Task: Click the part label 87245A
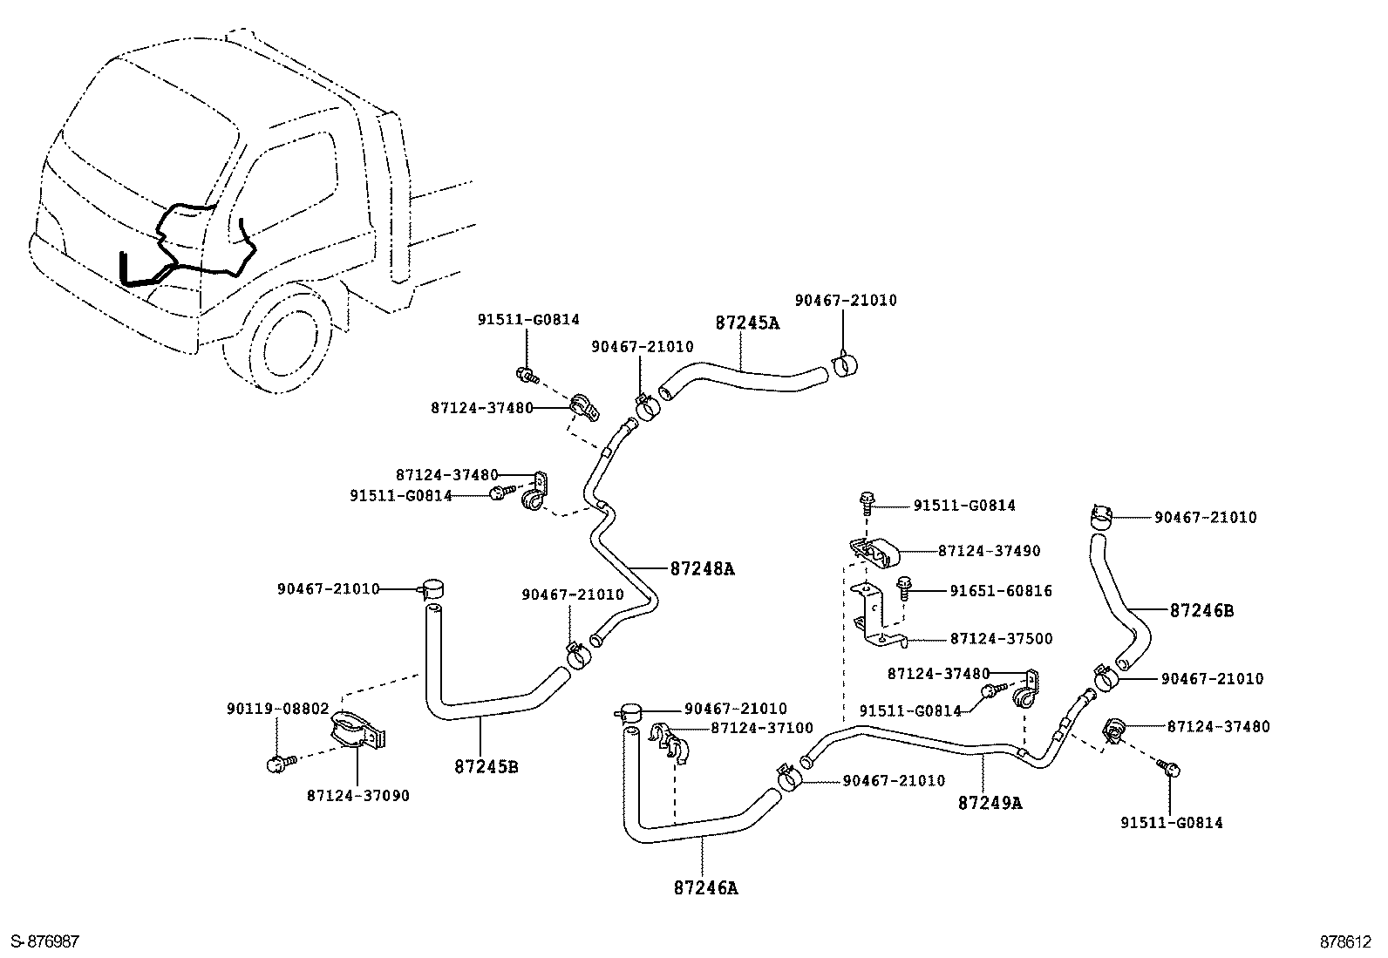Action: coord(747,323)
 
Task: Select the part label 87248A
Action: coord(702,569)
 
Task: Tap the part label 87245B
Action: coord(486,767)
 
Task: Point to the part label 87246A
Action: coord(705,888)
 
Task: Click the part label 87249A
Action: coord(990,803)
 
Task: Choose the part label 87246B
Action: coord(1201,611)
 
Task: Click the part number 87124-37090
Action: coord(357,796)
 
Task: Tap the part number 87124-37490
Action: coord(989,551)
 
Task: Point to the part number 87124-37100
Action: coord(761,728)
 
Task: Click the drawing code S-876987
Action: coord(44,941)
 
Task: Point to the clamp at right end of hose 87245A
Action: coord(845,364)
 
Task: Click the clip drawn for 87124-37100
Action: coord(672,741)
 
